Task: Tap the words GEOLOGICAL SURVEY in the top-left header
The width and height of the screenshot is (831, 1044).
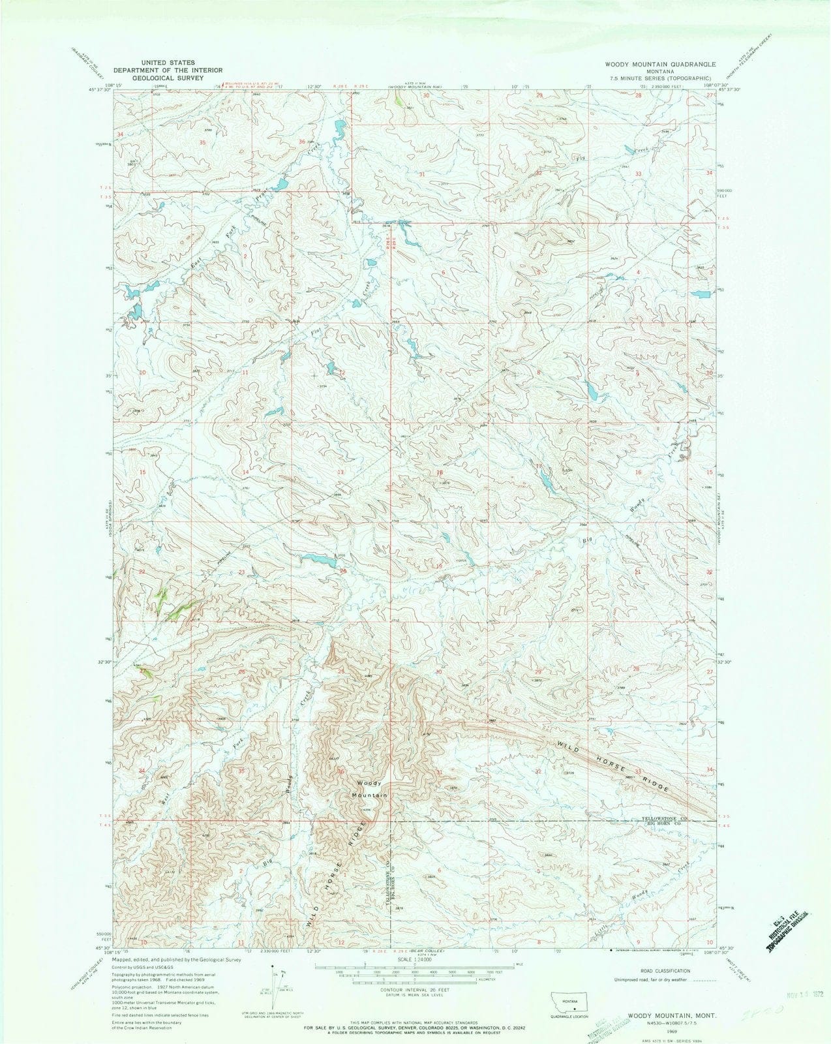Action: point(168,77)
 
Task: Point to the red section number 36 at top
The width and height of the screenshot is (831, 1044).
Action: point(302,141)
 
